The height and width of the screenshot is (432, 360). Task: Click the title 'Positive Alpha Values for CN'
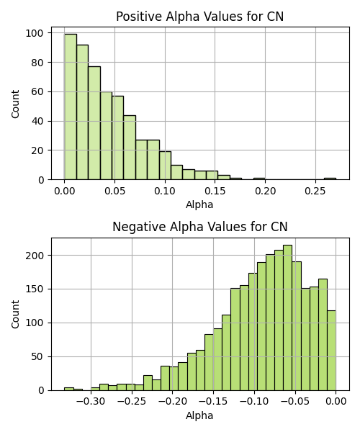point(199,17)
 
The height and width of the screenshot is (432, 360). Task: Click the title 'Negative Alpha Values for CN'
point(200,227)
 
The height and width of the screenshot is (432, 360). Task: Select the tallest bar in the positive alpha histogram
point(71,107)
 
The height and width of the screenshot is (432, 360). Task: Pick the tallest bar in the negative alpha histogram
point(287,318)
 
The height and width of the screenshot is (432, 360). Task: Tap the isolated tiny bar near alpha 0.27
point(330,179)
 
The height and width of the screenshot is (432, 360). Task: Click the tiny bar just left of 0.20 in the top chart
point(259,179)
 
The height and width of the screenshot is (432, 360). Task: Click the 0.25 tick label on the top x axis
point(315,191)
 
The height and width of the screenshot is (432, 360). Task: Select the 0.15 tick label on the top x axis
point(215,191)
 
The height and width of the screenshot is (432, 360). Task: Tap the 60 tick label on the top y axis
point(37,91)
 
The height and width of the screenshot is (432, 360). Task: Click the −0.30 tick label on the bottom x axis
point(91,401)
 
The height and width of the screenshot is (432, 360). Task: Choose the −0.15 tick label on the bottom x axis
point(213,401)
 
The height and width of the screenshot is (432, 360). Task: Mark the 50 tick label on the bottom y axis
point(37,357)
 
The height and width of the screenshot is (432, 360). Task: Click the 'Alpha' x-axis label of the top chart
point(199,204)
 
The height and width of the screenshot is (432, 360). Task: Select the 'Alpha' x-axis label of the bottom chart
point(199,415)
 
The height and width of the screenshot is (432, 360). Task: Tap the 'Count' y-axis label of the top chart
point(15,104)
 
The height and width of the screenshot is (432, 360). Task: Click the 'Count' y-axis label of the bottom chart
point(15,314)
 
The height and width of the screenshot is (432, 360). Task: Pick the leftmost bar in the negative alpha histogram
point(69,389)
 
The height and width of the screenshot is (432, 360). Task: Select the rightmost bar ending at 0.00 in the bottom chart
point(332,351)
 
